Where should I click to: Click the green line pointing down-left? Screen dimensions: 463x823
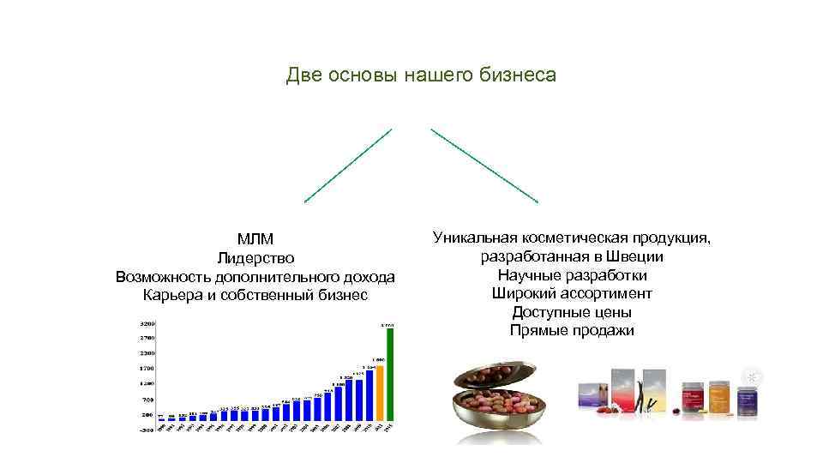click(348, 165)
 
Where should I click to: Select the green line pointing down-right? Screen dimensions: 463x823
click(484, 165)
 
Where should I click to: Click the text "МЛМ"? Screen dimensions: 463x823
click(255, 238)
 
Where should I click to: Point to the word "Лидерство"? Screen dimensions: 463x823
click(255, 257)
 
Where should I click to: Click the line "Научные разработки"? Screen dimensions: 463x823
click(572, 275)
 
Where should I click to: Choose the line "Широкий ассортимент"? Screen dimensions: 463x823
click(572, 293)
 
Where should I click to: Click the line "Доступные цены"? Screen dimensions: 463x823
click(572, 312)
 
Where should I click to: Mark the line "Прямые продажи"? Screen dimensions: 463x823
click(572, 330)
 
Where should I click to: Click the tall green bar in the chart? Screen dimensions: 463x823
click(390, 377)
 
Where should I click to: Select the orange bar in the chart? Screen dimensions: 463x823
click(379, 394)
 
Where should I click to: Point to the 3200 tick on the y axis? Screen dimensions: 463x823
click(148, 324)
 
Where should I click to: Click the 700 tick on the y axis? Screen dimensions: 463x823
click(148, 400)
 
